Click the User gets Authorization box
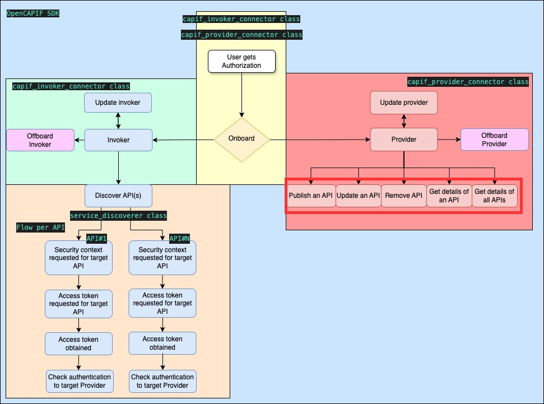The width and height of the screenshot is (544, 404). [x=241, y=61]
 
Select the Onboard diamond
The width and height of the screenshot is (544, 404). [x=241, y=140]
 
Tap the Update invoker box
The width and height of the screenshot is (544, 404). [x=118, y=103]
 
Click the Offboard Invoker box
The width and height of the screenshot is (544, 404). [x=40, y=140]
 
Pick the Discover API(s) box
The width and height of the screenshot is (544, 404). [x=118, y=196]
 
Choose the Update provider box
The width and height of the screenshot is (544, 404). [x=403, y=103]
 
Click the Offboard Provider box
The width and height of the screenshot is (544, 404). [x=494, y=140]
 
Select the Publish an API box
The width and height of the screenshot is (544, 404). [x=311, y=196]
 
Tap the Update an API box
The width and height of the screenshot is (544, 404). [x=359, y=196]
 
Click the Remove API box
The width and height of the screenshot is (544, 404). [x=403, y=196]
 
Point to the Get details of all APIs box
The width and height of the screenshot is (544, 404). [x=494, y=196]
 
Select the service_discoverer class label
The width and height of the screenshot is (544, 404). [x=118, y=216]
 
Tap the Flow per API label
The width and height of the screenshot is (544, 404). [x=40, y=228]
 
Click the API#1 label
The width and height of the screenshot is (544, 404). [x=96, y=238]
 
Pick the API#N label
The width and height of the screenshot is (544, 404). [x=180, y=238]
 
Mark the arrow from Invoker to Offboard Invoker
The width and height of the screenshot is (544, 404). [x=80, y=140]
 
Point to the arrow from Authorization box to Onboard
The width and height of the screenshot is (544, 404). [x=241, y=95]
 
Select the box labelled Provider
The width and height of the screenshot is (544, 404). [x=403, y=140]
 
